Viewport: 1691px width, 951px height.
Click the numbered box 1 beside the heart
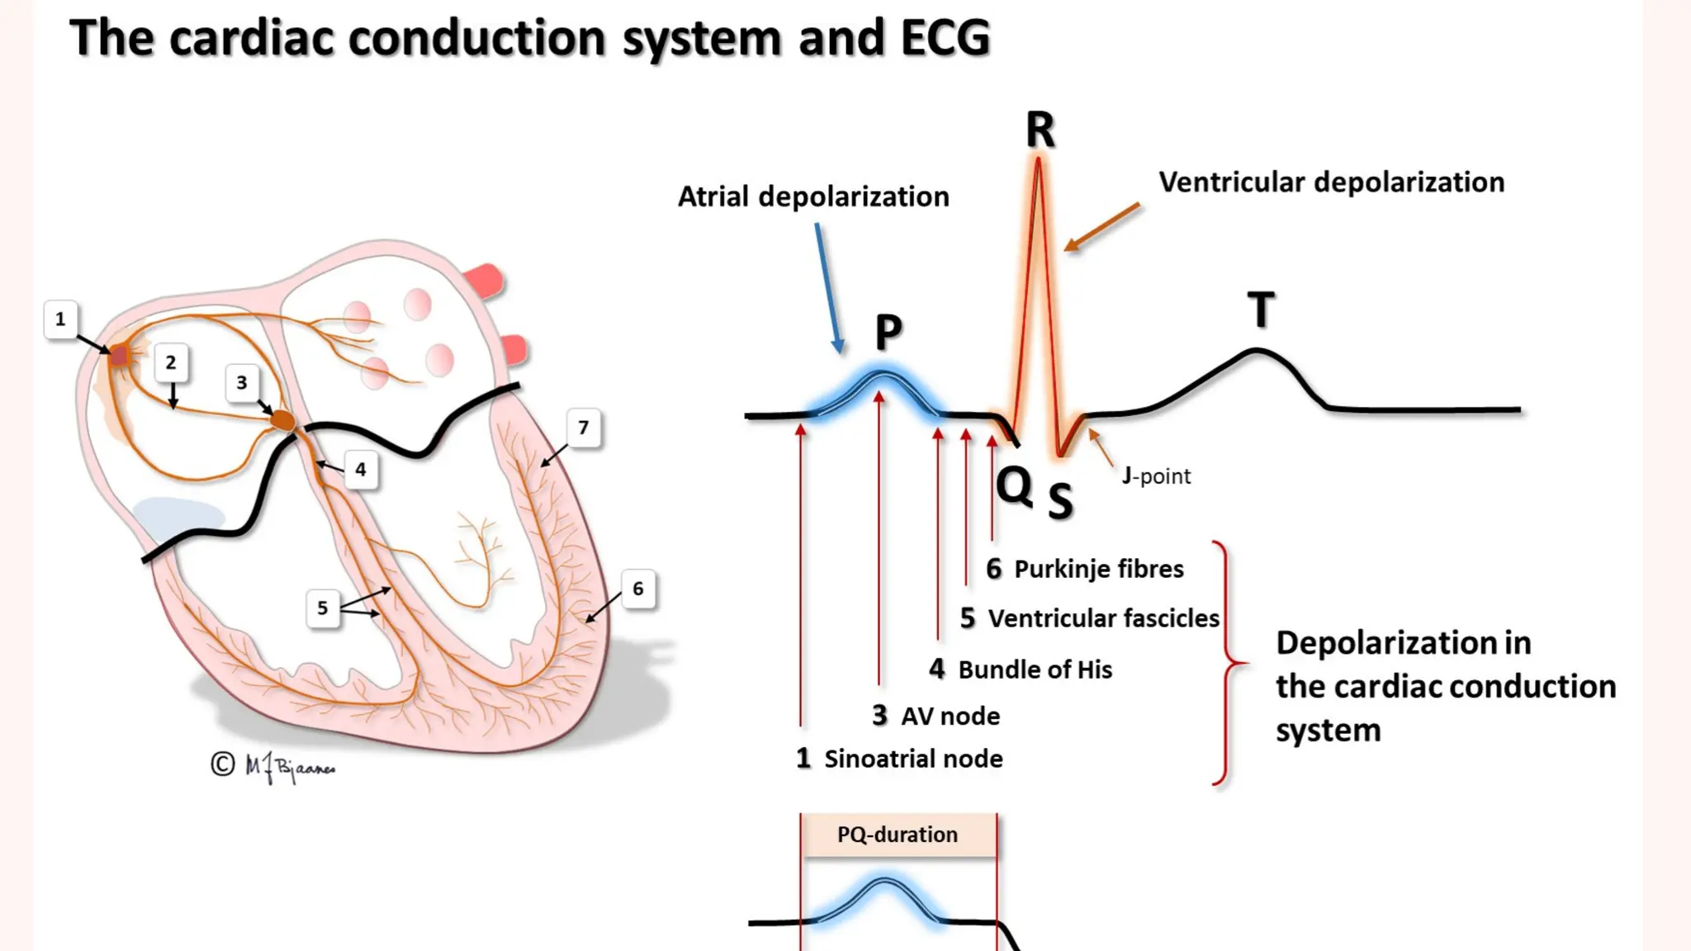[x=60, y=319]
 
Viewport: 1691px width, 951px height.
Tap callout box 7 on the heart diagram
[x=584, y=428]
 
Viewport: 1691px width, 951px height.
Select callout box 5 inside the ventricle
[x=323, y=608]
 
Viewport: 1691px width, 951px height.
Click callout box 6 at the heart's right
[x=637, y=589]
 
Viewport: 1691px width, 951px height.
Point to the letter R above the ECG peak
[x=1040, y=130]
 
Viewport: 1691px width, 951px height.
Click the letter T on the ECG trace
[x=1261, y=310]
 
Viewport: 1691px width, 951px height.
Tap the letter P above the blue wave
[x=888, y=332]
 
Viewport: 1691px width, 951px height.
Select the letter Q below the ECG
[x=1014, y=485]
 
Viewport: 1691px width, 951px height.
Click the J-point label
[x=1156, y=476]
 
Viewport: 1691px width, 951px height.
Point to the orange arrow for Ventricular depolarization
[x=1102, y=227]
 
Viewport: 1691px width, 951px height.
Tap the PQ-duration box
[x=898, y=835]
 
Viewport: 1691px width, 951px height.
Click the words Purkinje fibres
[x=1098, y=569]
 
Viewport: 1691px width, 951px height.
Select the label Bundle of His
[x=1035, y=669]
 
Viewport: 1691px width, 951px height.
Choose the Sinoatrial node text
[x=913, y=759]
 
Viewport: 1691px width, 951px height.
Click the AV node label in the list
[x=950, y=716]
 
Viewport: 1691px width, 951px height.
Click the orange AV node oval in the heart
[x=283, y=421]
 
